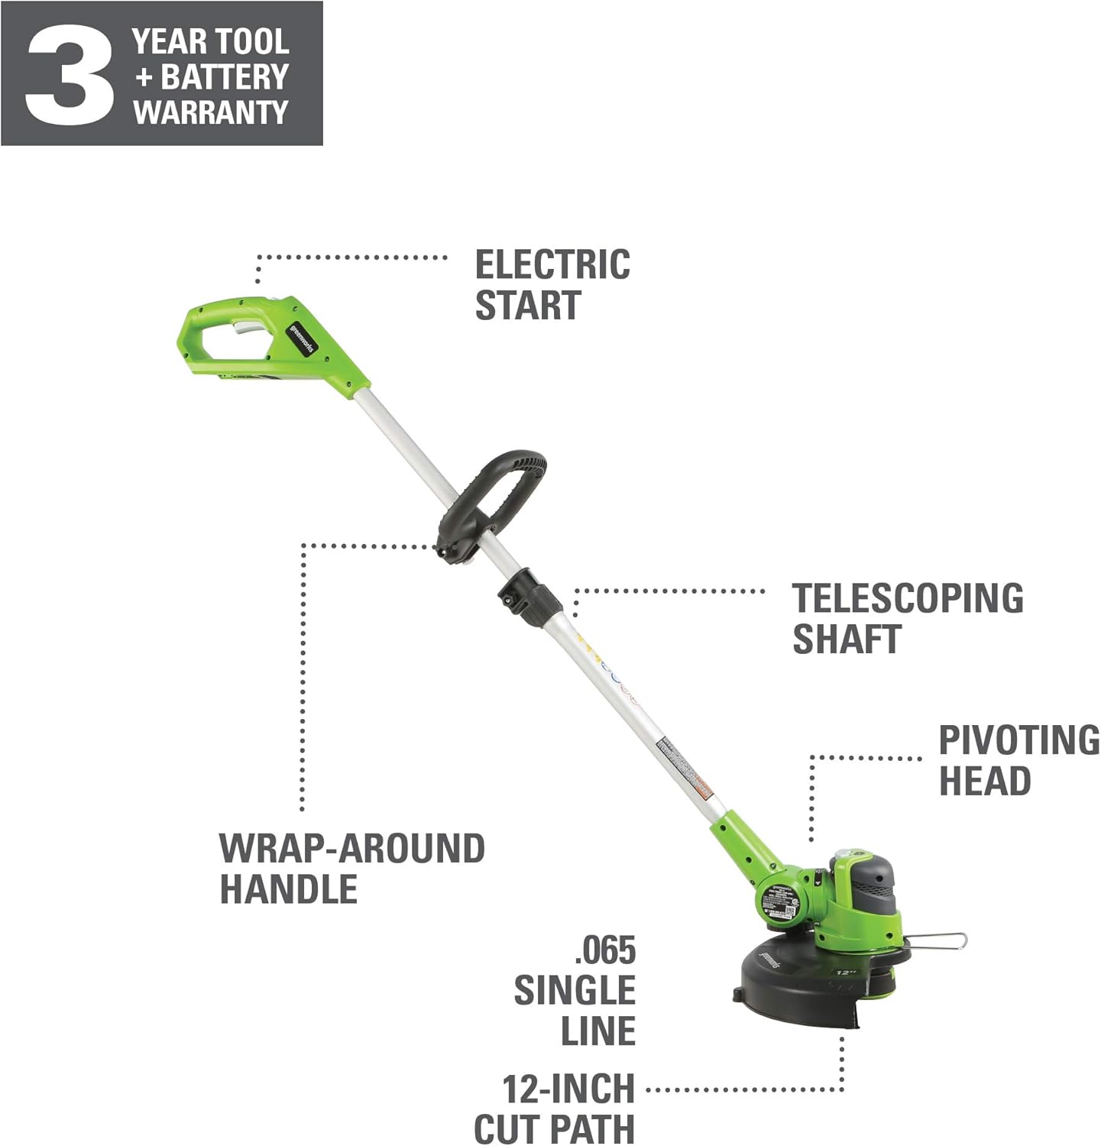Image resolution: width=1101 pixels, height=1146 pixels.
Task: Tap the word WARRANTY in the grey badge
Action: point(210,112)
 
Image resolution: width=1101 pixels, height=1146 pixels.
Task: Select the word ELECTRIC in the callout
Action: point(552,265)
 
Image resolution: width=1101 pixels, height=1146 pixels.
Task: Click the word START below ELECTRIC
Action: point(528,306)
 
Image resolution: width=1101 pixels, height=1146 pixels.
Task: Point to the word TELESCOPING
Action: point(908,598)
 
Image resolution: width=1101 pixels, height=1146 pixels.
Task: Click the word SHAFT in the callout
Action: point(847,639)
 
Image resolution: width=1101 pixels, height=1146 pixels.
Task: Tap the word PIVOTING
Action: point(1018,740)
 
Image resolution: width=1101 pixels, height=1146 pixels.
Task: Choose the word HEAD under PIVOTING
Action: point(984,781)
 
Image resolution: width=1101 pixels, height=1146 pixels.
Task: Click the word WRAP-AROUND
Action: point(352,849)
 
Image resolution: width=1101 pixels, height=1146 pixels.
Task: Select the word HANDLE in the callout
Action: point(289,889)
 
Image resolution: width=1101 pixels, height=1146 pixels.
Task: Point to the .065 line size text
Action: point(604,951)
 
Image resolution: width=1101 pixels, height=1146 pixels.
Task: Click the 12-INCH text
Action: point(568,1089)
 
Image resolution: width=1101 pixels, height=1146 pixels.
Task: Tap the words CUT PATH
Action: point(554,1129)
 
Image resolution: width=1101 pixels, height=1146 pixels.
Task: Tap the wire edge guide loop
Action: point(938,941)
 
